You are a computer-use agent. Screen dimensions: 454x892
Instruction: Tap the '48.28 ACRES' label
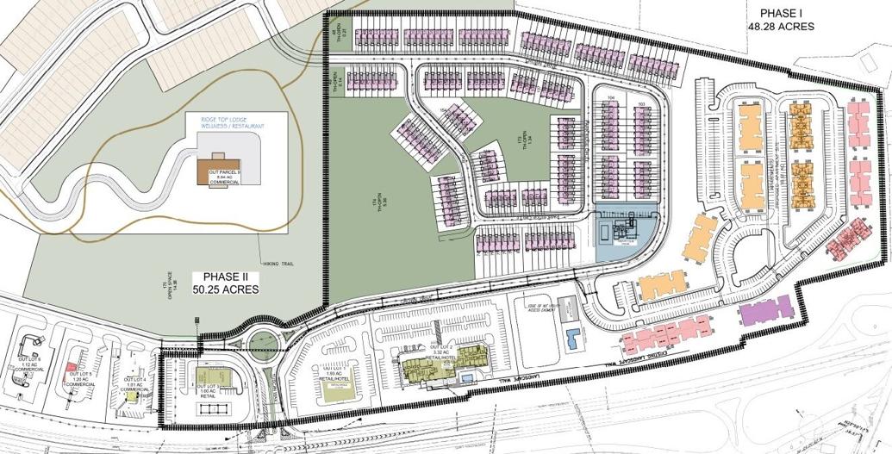pyautogui.click(x=782, y=27)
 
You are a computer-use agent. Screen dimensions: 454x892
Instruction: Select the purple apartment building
pyautogui.click(x=766, y=311)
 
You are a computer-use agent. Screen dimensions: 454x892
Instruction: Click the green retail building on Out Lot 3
pyautogui.click(x=208, y=376)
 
